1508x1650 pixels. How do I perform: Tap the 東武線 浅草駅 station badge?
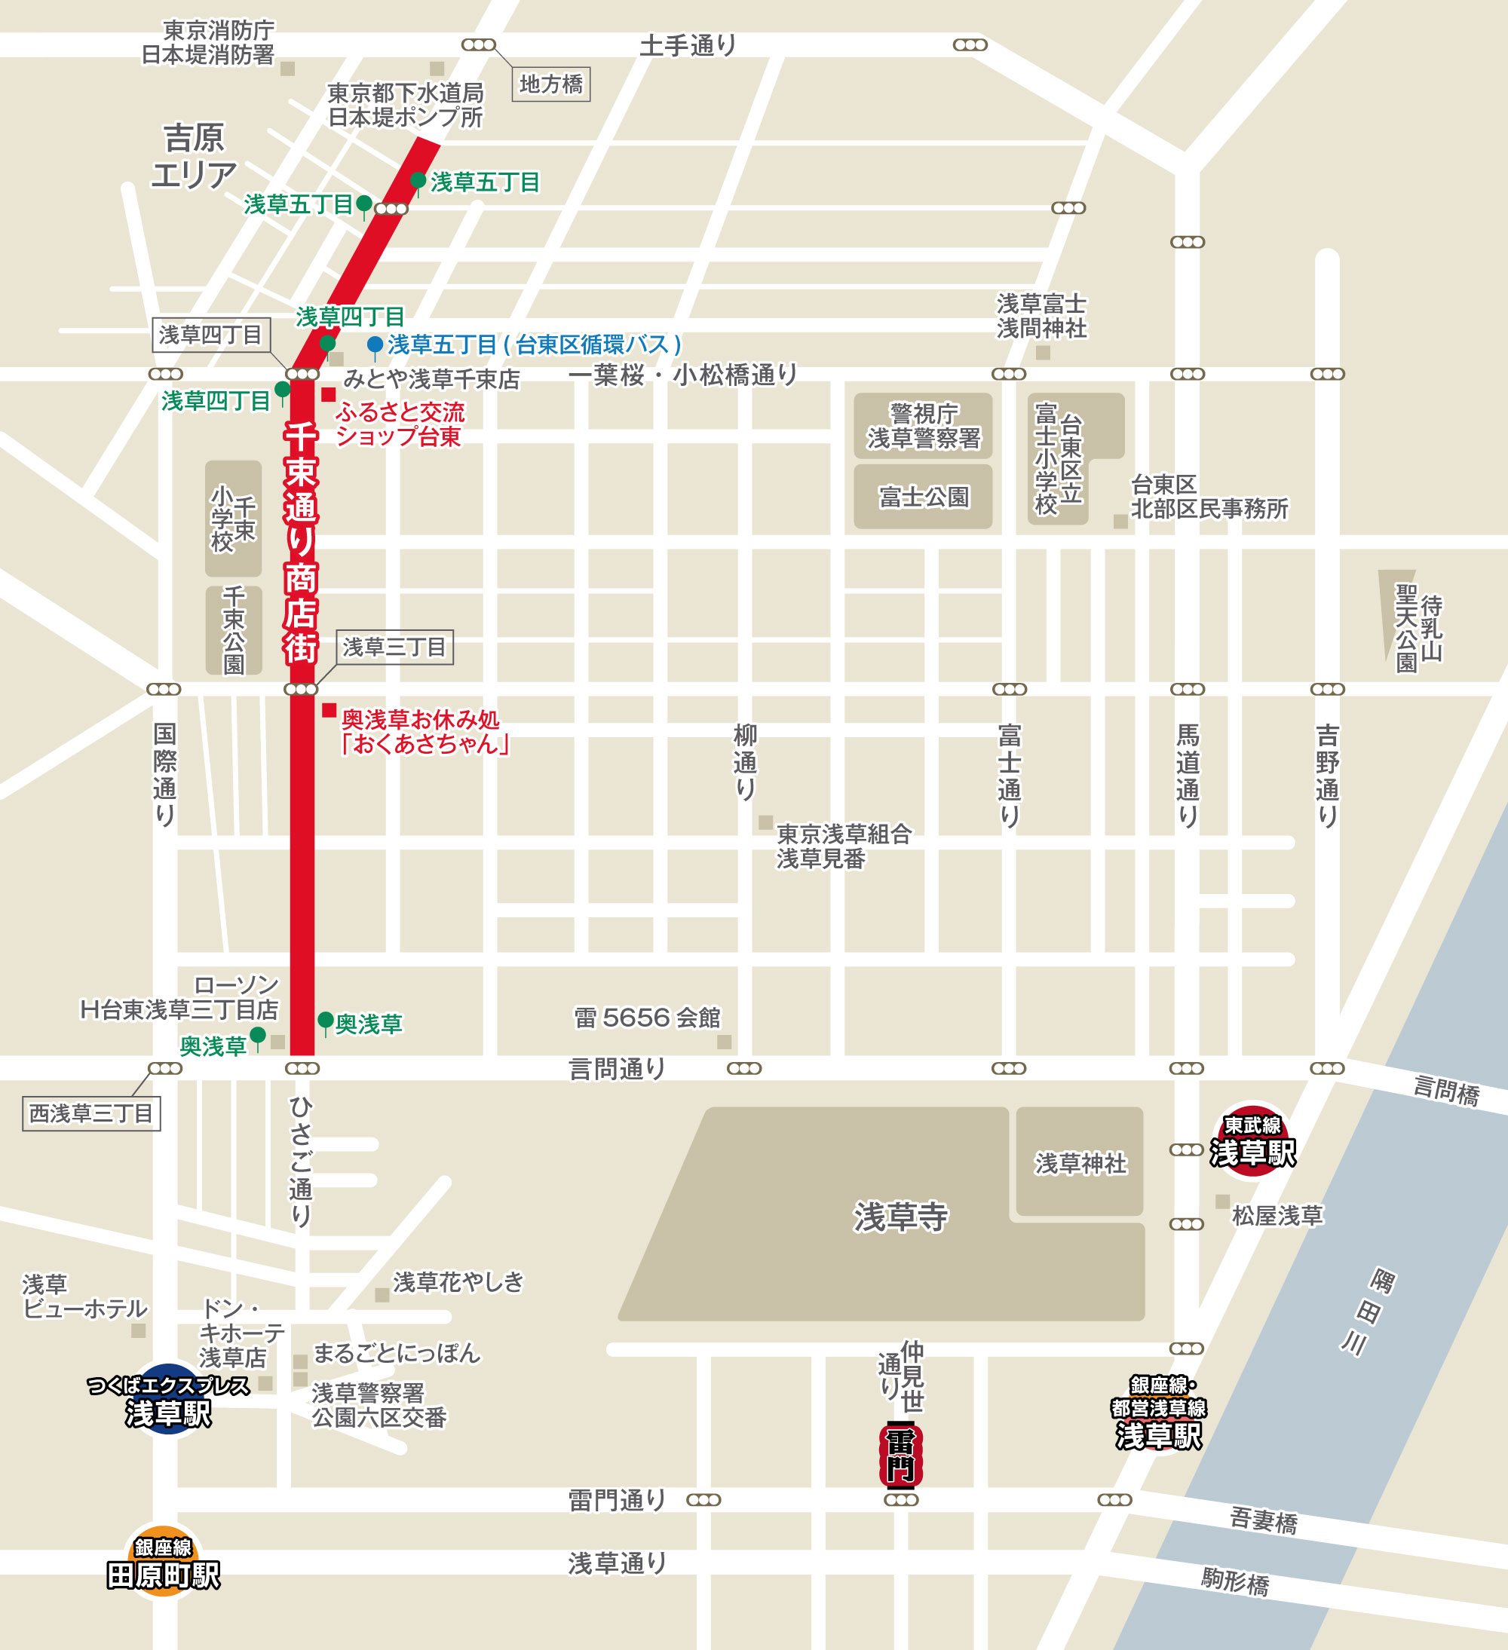1252,1141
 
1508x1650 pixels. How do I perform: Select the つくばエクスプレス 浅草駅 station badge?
168,1401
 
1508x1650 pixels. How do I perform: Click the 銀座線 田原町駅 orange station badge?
163,1563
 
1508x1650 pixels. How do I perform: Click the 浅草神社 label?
1080,1163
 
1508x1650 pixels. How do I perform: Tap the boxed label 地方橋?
551,84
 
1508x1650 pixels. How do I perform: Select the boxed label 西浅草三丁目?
91,1113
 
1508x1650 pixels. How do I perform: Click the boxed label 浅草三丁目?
394,647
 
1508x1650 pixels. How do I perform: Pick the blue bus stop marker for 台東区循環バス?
375,344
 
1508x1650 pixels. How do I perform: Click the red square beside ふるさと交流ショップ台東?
328,394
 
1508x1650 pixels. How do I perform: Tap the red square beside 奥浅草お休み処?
329,710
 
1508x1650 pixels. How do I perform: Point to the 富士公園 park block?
923,497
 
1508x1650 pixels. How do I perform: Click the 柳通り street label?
744,761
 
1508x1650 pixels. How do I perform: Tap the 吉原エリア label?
193,156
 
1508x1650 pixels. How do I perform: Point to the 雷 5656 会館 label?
647,1018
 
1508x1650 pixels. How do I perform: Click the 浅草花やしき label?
458,1281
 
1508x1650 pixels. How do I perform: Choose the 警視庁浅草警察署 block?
923,426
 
